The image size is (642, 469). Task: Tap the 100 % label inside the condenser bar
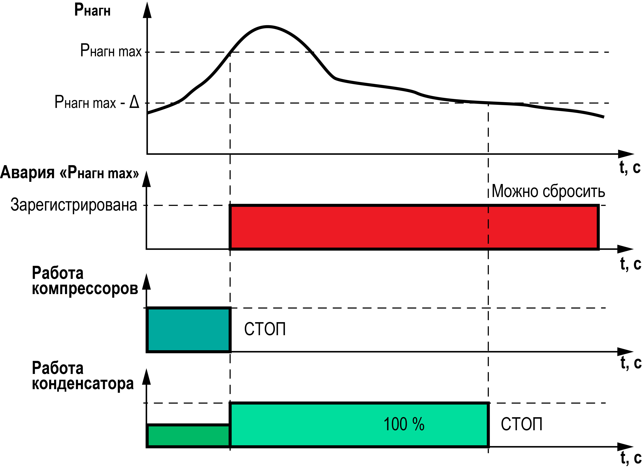click(x=404, y=424)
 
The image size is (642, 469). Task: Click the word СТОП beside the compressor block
click(x=265, y=329)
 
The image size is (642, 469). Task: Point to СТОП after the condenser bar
click(x=521, y=424)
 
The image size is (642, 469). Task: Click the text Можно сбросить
click(x=548, y=191)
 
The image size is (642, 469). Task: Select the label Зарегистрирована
click(x=74, y=205)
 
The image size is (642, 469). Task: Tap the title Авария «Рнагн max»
click(x=70, y=172)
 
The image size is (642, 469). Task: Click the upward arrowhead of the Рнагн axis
click(x=147, y=10)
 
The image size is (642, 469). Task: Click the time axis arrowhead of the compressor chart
click(x=626, y=352)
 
